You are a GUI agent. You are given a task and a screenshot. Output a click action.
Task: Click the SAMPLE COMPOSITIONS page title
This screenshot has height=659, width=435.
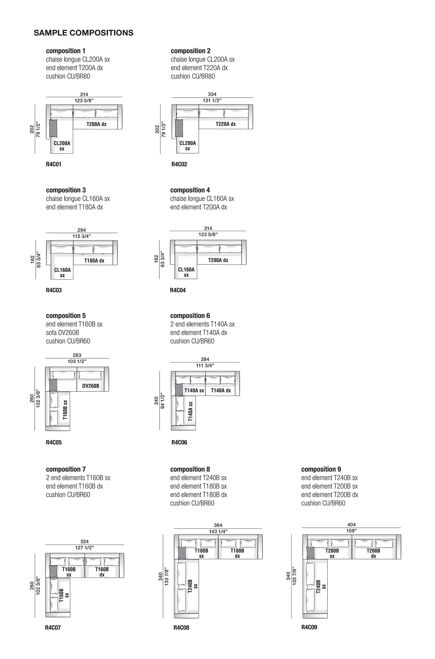click(84, 33)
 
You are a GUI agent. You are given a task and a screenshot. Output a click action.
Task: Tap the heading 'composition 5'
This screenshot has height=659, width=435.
click(66, 316)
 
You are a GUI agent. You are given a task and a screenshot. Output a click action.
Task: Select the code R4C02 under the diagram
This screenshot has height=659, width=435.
click(179, 164)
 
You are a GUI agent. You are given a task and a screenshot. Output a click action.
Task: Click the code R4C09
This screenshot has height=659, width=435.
click(309, 627)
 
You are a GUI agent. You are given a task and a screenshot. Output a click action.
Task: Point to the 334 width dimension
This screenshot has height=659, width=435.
click(212, 94)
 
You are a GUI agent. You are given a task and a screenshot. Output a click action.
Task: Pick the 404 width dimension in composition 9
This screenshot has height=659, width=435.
click(351, 524)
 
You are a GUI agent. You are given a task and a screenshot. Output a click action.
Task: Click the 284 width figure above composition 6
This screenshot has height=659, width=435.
click(205, 359)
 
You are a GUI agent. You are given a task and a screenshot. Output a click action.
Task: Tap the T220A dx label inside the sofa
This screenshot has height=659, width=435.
click(226, 124)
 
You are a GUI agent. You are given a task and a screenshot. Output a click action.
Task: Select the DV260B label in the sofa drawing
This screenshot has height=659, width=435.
click(91, 386)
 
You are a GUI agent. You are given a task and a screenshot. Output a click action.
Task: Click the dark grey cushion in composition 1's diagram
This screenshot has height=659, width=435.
click(53, 128)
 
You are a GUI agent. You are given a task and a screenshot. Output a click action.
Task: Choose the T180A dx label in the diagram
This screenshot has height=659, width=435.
click(94, 260)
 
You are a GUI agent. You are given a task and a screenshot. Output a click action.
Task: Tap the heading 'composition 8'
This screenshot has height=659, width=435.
click(190, 469)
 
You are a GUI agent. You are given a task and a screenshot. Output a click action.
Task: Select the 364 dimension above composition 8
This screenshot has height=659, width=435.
click(218, 525)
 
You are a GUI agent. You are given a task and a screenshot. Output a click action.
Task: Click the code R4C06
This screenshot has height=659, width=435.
click(179, 442)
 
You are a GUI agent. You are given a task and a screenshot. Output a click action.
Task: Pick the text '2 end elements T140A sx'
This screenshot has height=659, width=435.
click(203, 324)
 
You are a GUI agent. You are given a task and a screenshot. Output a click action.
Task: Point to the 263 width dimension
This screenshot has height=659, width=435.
click(77, 355)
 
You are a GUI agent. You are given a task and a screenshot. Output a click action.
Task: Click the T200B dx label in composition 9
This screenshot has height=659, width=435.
click(373, 553)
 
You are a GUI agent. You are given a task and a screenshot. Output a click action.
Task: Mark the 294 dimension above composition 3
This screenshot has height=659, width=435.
click(82, 230)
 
